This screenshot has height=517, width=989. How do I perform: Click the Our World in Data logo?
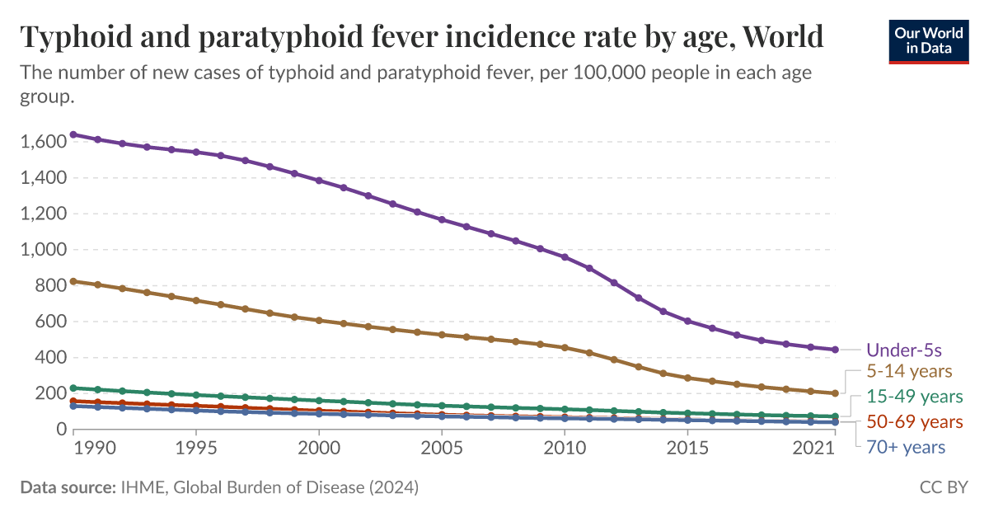pyautogui.click(x=929, y=38)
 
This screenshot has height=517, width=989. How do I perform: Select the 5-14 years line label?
pyautogui.click(x=909, y=371)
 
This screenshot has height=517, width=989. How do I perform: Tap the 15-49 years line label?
pyautogui.click(x=914, y=397)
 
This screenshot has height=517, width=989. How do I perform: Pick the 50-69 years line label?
pyautogui.click(x=914, y=422)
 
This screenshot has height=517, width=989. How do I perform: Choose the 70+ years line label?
pyautogui.click(x=905, y=447)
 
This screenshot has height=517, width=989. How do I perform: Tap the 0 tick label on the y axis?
pyautogui.click(x=60, y=430)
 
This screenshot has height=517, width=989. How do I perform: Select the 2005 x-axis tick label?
pyautogui.click(x=442, y=448)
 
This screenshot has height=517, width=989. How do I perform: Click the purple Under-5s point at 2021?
pyautogui.click(x=835, y=350)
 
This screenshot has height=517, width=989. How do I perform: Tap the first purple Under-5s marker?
pyautogui.click(x=73, y=134)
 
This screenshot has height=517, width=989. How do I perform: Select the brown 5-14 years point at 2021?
pyautogui.click(x=835, y=393)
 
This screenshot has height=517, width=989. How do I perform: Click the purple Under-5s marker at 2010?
pyautogui.click(x=565, y=257)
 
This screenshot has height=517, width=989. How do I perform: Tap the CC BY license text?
pyautogui.click(x=944, y=487)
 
